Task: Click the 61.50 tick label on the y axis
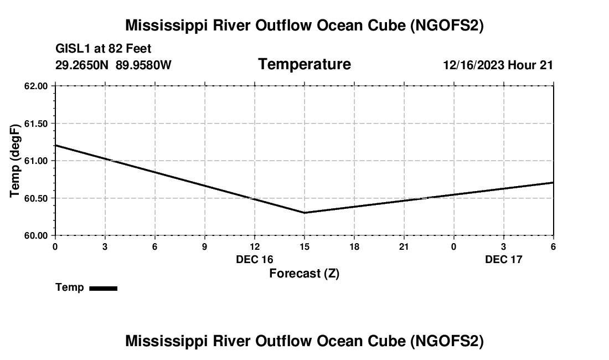(36, 124)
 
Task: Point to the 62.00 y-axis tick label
(36, 86)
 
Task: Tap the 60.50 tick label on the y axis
(36, 198)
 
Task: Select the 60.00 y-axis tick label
(36, 235)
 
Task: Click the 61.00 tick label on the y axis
(36, 161)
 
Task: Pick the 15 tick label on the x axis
(304, 246)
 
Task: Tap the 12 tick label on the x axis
(255, 246)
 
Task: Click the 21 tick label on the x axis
(404, 246)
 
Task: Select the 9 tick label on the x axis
(205, 246)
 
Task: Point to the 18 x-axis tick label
(354, 246)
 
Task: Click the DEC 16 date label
(255, 259)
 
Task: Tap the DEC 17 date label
(504, 259)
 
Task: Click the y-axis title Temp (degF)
(15, 161)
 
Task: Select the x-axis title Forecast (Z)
(304, 274)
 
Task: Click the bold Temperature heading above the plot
(304, 64)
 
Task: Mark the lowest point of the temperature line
(304, 213)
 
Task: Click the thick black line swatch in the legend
(103, 288)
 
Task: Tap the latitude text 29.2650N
(82, 65)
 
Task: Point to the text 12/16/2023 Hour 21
(498, 65)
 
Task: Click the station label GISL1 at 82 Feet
(104, 49)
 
